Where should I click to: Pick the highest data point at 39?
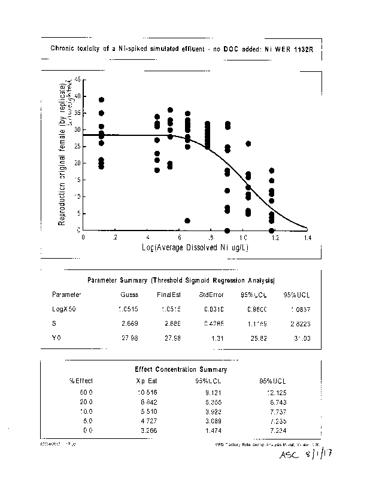pos(102,100)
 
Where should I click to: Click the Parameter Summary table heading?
pos(181,280)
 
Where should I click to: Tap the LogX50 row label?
pos(64,310)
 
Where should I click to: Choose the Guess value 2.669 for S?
pos(129,324)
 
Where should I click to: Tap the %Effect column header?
pos(80,380)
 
